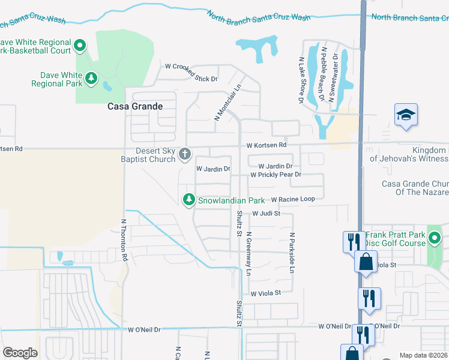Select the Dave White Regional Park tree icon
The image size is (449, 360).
pos(91,78)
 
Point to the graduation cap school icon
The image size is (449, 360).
pos(406,115)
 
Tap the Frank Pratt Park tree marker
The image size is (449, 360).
pos(435,241)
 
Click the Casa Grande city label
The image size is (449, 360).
pos(134,106)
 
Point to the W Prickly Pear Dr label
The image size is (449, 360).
pos(275,175)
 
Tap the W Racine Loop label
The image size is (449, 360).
pos(293,199)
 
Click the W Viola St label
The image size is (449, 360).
pos(266,293)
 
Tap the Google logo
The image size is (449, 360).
pos(20,352)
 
